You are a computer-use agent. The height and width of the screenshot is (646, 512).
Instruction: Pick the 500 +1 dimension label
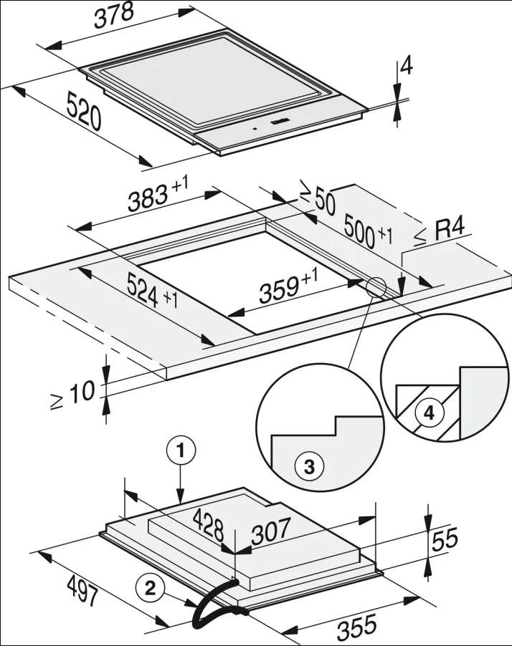point(369,231)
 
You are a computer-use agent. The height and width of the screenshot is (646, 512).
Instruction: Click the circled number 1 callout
point(182,451)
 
